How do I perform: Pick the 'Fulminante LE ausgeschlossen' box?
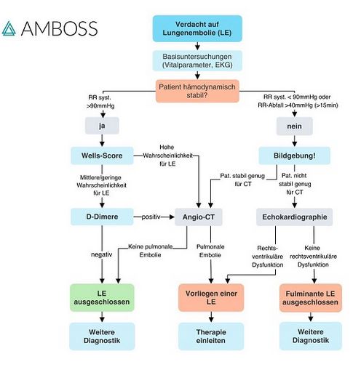[311, 297]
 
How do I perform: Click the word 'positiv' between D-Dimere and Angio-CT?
[151, 217]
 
